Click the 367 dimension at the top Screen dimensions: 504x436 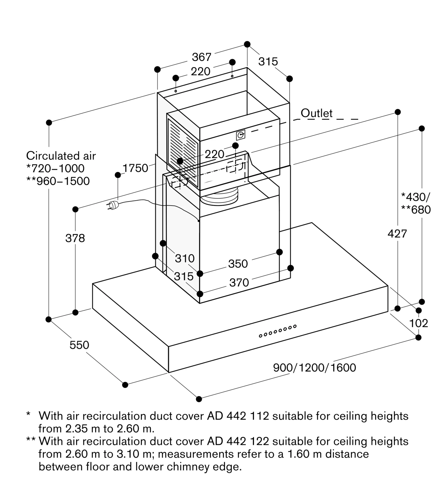point(201,57)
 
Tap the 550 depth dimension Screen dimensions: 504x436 point(79,345)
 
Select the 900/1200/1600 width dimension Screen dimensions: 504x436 point(314,368)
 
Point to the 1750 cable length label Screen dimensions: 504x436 point(135,168)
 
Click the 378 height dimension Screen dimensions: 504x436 point(75,238)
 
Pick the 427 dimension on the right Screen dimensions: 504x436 point(397,234)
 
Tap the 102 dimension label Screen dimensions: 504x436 point(418,323)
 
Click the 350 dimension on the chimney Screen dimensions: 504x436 point(238,264)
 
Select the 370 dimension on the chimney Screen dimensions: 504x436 point(239,282)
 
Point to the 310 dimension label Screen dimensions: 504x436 point(185,259)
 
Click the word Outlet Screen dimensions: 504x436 point(316,113)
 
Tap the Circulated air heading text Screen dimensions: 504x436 point(61,156)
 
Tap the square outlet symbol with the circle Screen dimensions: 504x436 point(241,135)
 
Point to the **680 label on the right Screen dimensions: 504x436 point(416,210)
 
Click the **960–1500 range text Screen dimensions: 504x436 point(58,181)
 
